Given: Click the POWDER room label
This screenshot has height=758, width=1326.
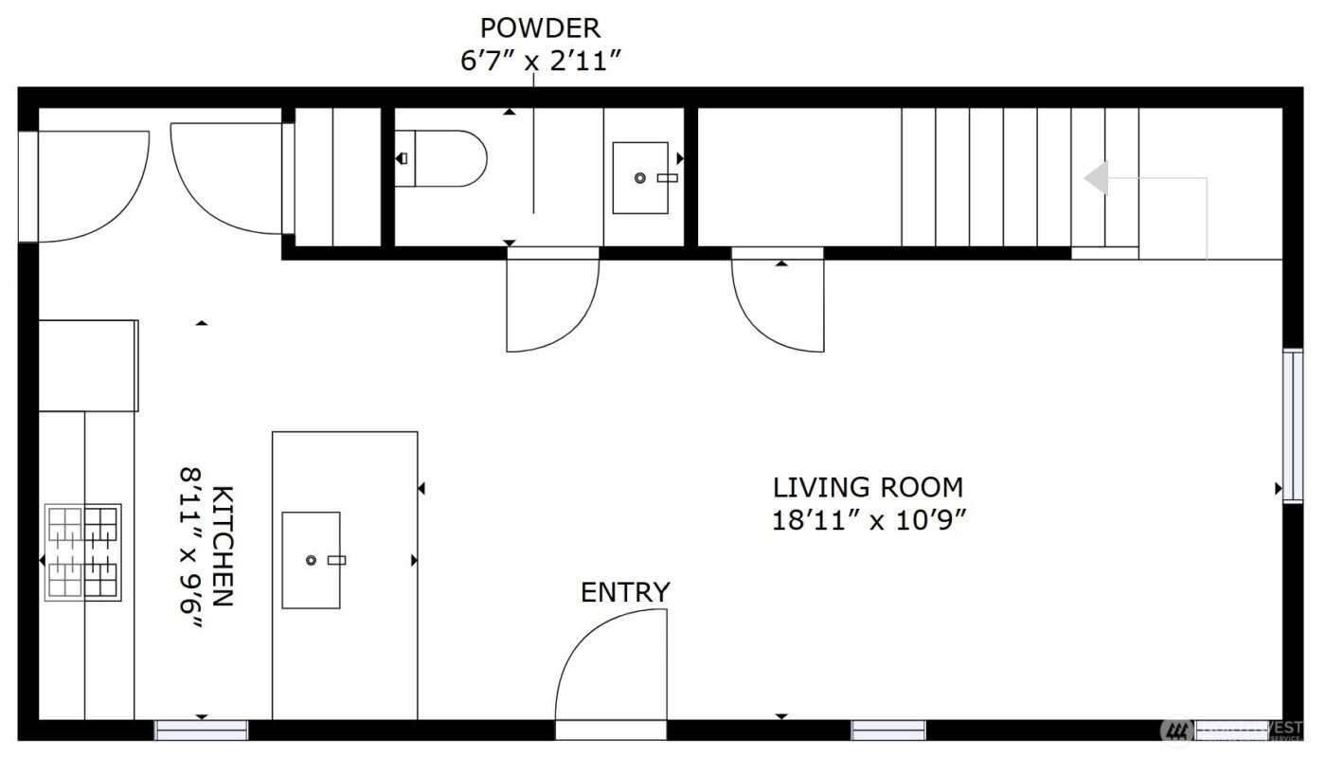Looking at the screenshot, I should pyautogui.click(x=540, y=27).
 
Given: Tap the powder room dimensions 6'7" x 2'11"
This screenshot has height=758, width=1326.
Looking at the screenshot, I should pyautogui.click(x=540, y=61).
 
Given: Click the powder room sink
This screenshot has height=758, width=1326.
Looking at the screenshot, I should pyautogui.click(x=640, y=178).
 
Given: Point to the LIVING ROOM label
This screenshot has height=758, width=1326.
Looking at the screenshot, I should pyautogui.click(x=868, y=488).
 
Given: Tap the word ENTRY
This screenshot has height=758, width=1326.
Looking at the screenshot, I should pyautogui.click(x=625, y=593).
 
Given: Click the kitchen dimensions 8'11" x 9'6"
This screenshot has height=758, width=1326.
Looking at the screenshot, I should pyautogui.click(x=193, y=546).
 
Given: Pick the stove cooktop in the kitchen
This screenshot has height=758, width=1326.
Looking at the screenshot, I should pyautogui.click(x=83, y=551).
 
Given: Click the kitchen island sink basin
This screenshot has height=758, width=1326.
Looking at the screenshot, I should pyautogui.click(x=311, y=560).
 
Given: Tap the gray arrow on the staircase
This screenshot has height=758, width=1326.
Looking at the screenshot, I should pyautogui.click(x=1097, y=178).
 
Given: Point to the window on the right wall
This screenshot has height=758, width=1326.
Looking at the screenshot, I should pyautogui.click(x=1293, y=425).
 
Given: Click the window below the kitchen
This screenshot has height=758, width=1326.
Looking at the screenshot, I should pyautogui.click(x=202, y=731).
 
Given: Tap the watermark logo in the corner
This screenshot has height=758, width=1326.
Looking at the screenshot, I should pyautogui.click(x=1177, y=731).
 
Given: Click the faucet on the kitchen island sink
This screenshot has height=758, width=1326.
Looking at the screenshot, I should pyautogui.click(x=336, y=560).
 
